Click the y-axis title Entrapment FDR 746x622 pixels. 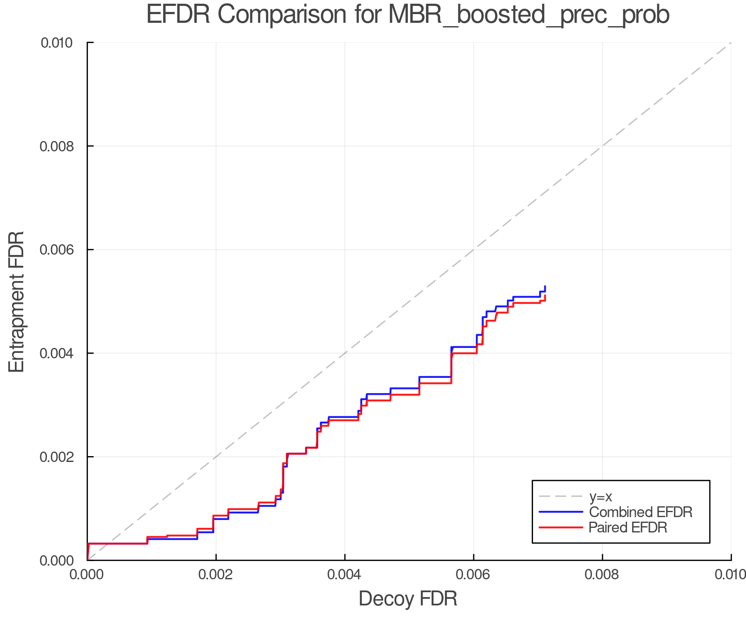point(17,302)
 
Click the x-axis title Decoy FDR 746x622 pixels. point(408,599)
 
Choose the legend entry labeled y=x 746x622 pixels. point(601,496)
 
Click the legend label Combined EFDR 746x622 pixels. point(640,512)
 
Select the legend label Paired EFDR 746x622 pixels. point(627,527)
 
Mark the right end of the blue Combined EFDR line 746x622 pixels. point(545,287)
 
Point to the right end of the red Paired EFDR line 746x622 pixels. point(545,296)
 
